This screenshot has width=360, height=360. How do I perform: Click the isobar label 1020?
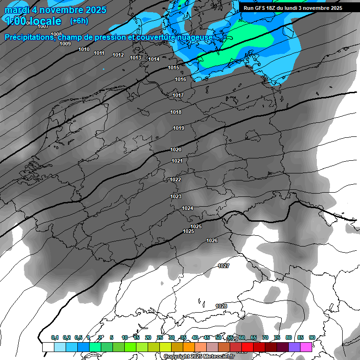[176, 150]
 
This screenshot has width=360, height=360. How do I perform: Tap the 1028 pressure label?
[221, 306]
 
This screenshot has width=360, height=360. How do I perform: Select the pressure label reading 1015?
[173, 68]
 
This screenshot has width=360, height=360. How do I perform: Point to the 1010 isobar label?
[84, 49]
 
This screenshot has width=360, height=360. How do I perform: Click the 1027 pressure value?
[224, 266]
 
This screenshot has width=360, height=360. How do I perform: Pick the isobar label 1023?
[176, 196]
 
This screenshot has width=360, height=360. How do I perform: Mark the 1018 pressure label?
[176, 112]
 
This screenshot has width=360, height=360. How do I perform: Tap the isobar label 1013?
[135, 58]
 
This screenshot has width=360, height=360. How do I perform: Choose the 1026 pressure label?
[212, 240]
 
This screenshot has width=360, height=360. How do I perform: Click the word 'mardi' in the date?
[16, 10]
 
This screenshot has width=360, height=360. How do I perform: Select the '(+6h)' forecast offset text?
[79, 21]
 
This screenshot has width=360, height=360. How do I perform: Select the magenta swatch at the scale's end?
[306, 347]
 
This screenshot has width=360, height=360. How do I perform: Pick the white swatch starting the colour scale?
[48, 347]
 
